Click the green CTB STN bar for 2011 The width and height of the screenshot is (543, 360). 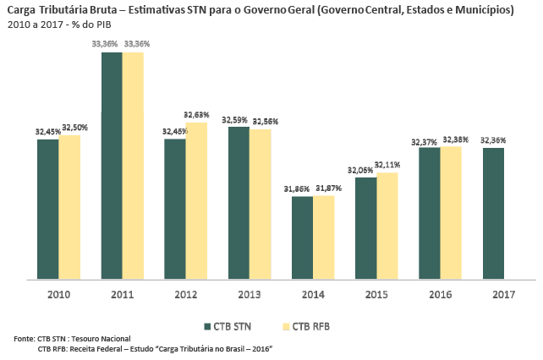coord(112,166)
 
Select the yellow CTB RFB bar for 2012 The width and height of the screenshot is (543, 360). coord(196,201)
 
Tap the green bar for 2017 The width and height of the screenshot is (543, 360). coord(493,214)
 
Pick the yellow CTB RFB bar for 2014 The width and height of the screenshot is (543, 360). coord(324,237)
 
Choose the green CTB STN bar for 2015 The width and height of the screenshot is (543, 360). coord(366,228)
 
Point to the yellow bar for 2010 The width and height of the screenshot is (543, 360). coord(69,207)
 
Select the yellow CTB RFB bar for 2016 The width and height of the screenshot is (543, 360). coord(451,213)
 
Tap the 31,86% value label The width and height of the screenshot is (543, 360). coord(302,188)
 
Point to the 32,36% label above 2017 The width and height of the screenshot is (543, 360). coord(494,140)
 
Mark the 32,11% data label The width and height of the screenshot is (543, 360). coord(387,164)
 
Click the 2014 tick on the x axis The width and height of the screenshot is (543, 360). coord(312,295)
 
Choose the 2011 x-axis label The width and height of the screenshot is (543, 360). coord(122,295)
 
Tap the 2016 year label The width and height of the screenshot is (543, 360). coord(440,295)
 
